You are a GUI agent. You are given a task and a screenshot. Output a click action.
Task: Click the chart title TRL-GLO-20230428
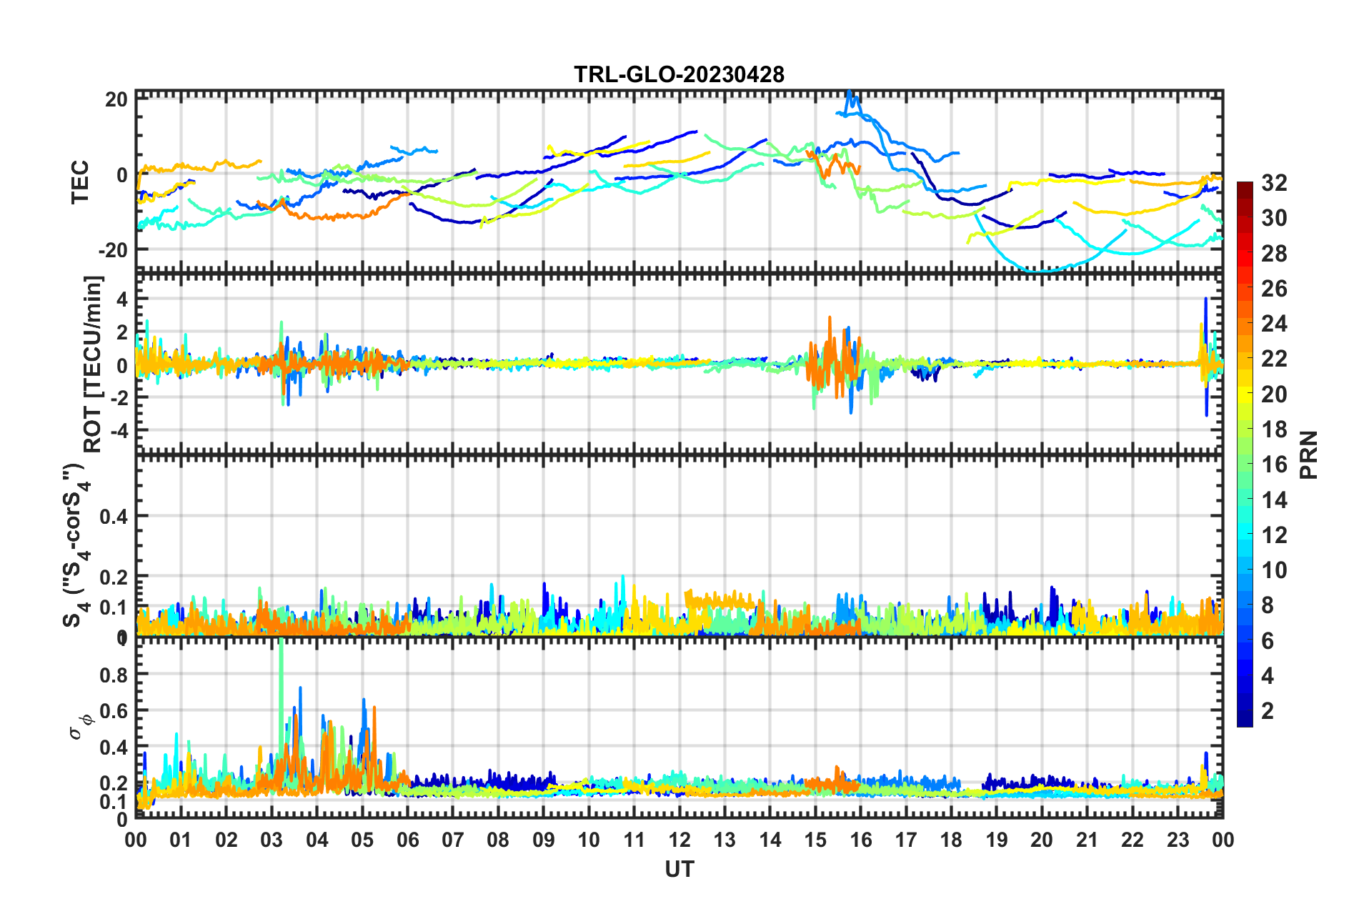tap(679, 74)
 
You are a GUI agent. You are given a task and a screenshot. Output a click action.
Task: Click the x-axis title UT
tap(679, 869)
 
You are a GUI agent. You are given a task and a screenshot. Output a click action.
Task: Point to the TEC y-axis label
tap(80, 182)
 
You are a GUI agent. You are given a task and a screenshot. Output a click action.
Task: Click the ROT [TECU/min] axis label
tap(93, 364)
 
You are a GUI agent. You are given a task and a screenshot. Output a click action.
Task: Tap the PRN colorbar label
tap(1309, 454)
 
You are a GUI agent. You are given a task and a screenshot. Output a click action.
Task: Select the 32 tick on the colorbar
tap(1274, 183)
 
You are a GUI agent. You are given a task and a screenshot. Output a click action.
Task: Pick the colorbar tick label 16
tap(1274, 465)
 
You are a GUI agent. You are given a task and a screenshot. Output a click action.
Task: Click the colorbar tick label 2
tap(1268, 710)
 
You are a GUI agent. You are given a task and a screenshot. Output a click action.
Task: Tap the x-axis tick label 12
tap(679, 840)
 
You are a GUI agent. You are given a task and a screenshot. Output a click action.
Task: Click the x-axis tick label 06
tap(407, 840)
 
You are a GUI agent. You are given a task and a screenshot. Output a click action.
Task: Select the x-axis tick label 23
tap(1178, 840)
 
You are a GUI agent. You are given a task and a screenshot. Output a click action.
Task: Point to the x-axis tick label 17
tap(905, 840)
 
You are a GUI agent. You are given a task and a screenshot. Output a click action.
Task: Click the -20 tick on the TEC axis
tap(113, 250)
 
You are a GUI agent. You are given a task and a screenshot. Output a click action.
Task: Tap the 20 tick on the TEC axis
tap(116, 99)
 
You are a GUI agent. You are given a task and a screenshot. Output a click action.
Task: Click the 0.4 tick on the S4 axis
tap(113, 516)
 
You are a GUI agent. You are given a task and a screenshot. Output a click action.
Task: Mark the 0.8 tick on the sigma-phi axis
tap(113, 675)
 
